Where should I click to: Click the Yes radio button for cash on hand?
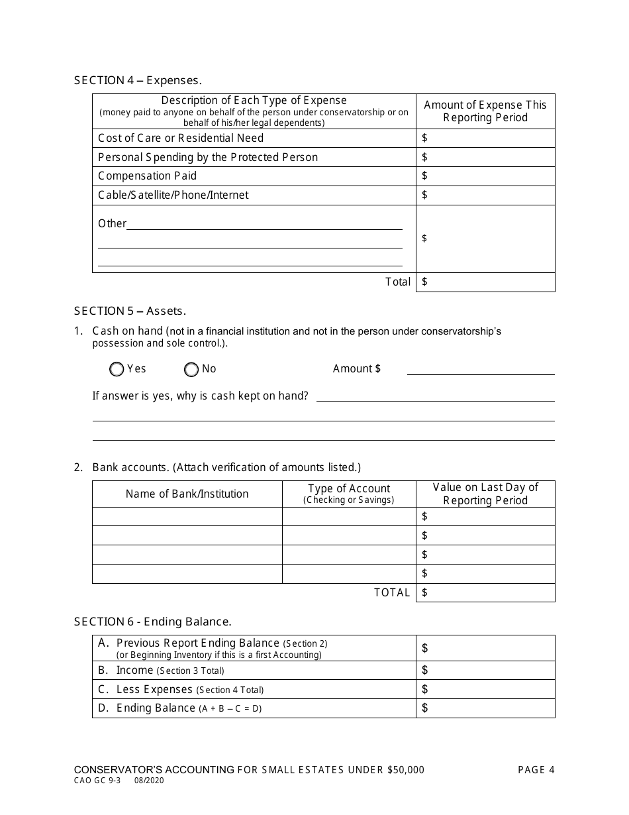click(117, 370)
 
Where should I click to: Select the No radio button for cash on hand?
click(191, 370)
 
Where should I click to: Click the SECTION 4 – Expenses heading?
click(138, 80)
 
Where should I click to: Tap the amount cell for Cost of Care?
click(485, 138)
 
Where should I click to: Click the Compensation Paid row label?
click(147, 176)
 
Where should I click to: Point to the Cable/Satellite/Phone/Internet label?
click(173, 195)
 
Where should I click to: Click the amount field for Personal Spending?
click(485, 157)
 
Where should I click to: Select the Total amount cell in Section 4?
click(485, 282)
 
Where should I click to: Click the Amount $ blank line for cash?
click(480, 369)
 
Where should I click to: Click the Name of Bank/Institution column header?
click(187, 494)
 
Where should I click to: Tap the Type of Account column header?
click(349, 494)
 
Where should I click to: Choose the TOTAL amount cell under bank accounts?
click(485, 592)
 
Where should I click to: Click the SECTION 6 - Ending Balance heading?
click(152, 622)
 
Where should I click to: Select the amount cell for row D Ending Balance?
click(485, 708)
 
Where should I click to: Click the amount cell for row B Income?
click(485, 670)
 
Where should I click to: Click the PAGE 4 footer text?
click(536, 769)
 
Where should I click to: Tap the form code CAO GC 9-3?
click(97, 781)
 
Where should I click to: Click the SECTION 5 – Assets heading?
click(130, 311)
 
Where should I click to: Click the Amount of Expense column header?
click(485, 111)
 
